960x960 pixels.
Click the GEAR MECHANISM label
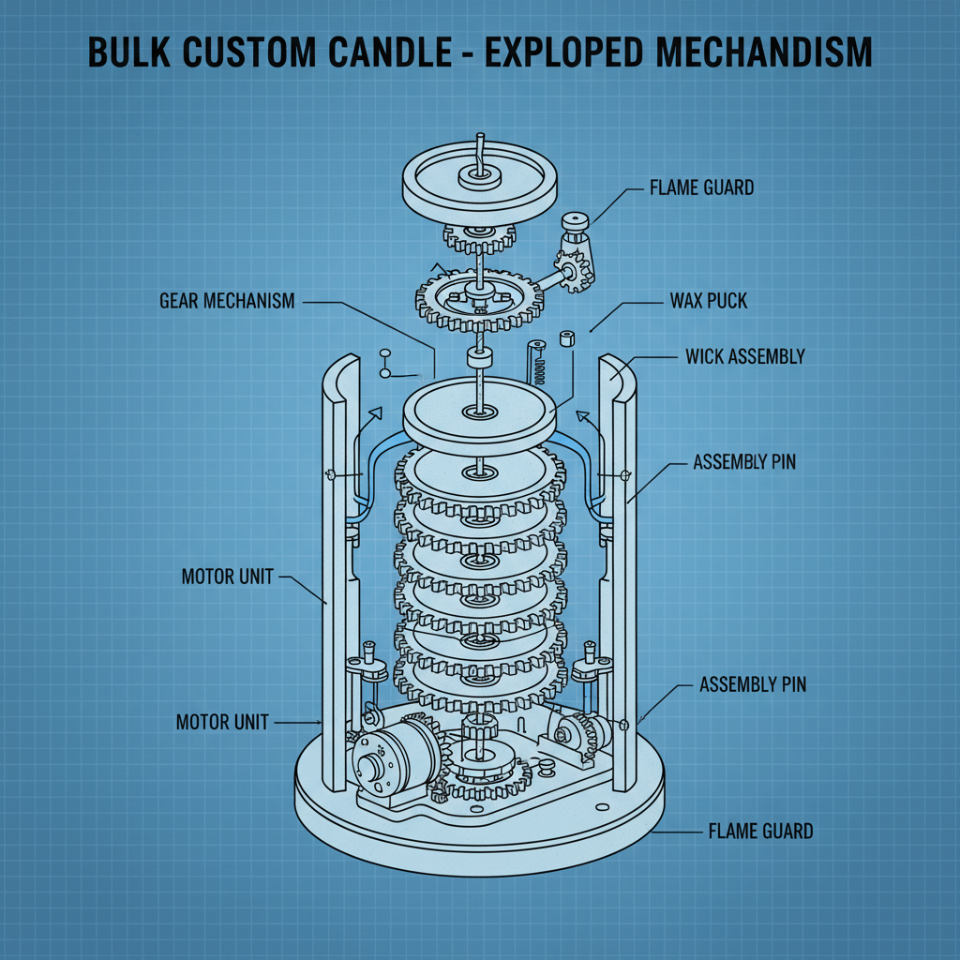[x=227, y=301]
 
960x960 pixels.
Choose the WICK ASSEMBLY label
[x=745, y=357]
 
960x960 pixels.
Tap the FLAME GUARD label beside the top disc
[x=701, y=188]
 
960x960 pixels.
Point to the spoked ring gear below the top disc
[x=478, y=300]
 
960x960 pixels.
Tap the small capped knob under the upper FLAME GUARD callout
[x=574, y=223]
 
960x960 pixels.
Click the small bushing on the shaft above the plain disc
[x=479, y=358]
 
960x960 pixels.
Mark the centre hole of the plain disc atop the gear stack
[x=478, y=412]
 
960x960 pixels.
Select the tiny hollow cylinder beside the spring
[x=566, y=338]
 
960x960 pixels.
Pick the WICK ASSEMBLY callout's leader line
[x=647, y=359]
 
